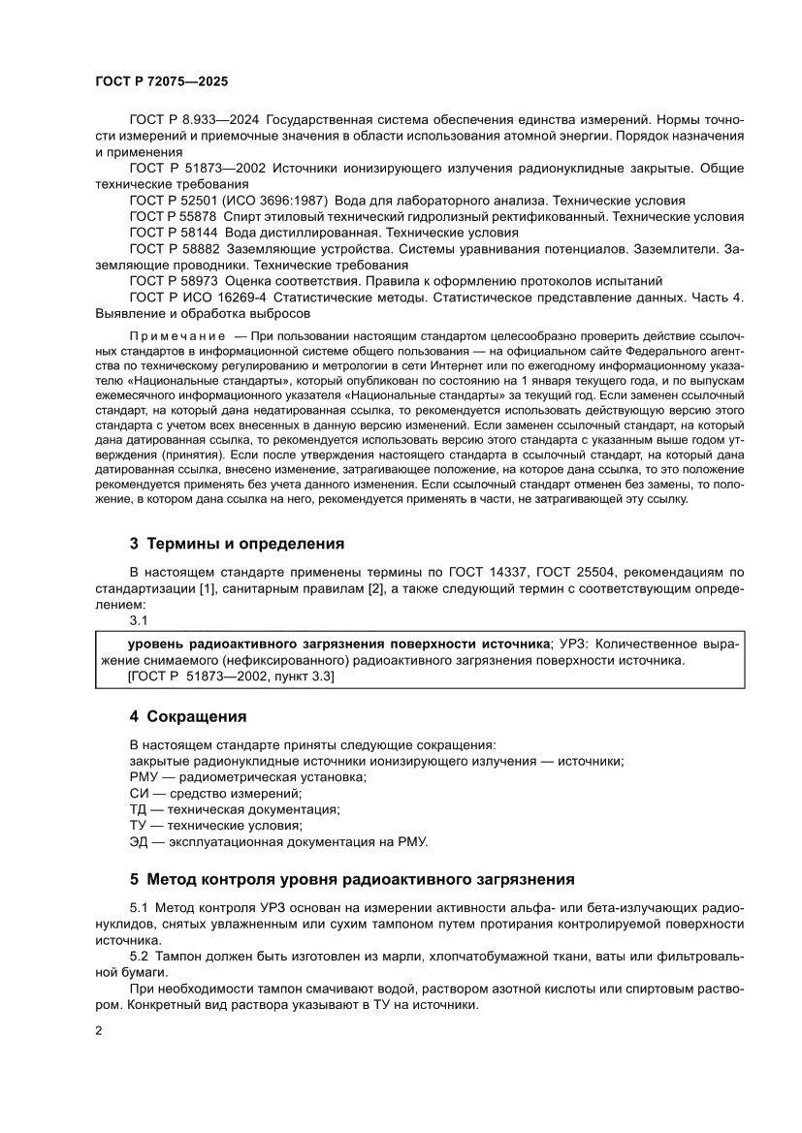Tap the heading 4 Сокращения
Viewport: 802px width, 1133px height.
point(188,716)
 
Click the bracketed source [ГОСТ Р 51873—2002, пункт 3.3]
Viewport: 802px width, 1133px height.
point(231,677)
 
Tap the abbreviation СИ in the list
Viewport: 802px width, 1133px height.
point(140,793)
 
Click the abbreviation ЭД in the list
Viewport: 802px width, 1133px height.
point(140,841)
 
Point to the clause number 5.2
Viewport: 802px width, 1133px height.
point(142,957)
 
